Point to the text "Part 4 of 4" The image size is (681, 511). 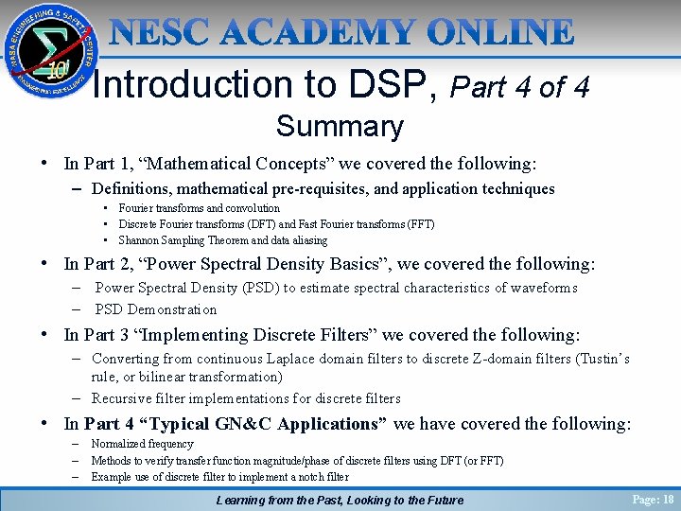coord(520,88)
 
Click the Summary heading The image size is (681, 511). coord(340,126)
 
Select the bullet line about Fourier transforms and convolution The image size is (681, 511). coord(199,208)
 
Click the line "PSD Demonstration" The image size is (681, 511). coord(156,309)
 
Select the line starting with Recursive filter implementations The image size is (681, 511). coord(246,398)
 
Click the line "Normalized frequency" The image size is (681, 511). coord(142,444)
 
